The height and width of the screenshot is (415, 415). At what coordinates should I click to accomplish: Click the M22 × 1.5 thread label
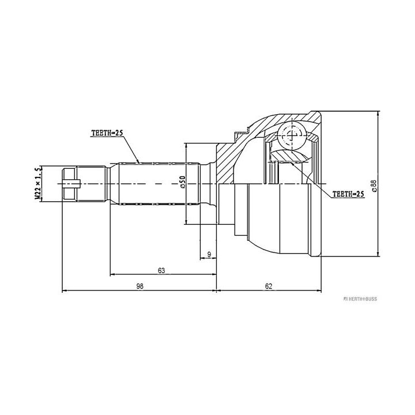point(39,183)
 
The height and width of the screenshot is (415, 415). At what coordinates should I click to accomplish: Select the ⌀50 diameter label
point(183,182)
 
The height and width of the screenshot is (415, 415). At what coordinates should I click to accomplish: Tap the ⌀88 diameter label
point(373,186)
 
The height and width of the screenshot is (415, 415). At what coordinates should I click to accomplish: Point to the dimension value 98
point(139,286)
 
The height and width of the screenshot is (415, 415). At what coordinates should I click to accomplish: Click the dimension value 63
point(161,270)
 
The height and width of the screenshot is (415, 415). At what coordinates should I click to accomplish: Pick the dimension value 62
point(269,286)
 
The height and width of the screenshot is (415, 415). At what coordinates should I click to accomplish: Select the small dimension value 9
point(209,255)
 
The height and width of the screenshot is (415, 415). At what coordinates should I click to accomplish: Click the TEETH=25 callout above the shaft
point(107,133)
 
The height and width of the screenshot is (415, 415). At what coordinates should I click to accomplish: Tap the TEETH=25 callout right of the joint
point(348,194)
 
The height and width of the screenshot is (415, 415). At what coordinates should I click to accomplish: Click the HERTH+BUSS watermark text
point(360,299)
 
